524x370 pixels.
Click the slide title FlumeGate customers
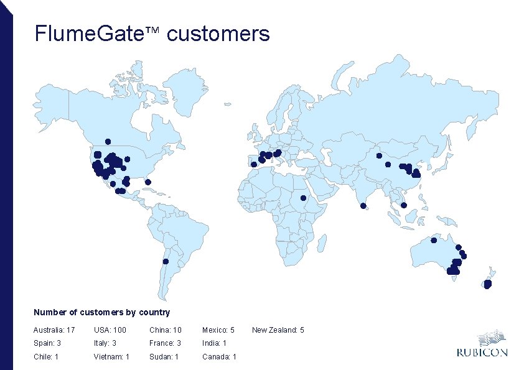click(x=152, y=34)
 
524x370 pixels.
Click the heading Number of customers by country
click(x=101, y=312)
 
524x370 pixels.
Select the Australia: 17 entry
click(x=54, y=330)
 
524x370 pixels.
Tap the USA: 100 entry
click(x=110, y=330)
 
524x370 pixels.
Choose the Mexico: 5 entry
click(x=218, y=330)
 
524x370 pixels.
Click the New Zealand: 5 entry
click(x=278, y=330)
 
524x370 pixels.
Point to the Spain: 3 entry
click(x=47, y=343)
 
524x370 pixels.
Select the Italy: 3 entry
click(x=107, y=343)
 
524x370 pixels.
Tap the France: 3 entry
click(x=165, y=343)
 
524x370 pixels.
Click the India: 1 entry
click(x=214, y=343)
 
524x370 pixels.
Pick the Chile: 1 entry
click(x=46, y=357)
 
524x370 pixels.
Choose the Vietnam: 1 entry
click(x=111, y=357)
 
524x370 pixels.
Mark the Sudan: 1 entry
click(x=164, y=357)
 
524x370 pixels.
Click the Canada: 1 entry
click(x=219, y=357)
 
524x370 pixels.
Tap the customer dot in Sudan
click(x=303, y=198)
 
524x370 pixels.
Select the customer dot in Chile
click(x=166, y=261)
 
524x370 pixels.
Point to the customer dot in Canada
click(x=108, y=141)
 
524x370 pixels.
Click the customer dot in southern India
click(x=363, y=206)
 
